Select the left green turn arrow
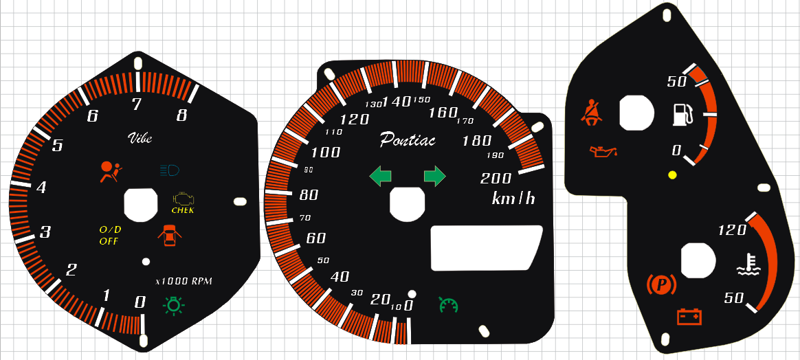pyautogui.click(x=380, y=176)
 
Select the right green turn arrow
pyautogui.click(x=434, y=176)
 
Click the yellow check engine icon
pyautogui.click(x=183, y=200)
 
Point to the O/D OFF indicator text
pyautogui.click(x=109, y=235)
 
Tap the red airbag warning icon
pyautogui.click(x=109, y=171)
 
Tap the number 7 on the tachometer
pyautogui.click(x=137, y=104)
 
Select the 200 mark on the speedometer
pyautogui.click(x=496, y=179)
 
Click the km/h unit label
pyautogui.click(x=513, y=199)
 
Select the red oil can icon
pyautogui.click(x=603, y=150)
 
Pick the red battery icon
pyautogui.click(x=689, y=316)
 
